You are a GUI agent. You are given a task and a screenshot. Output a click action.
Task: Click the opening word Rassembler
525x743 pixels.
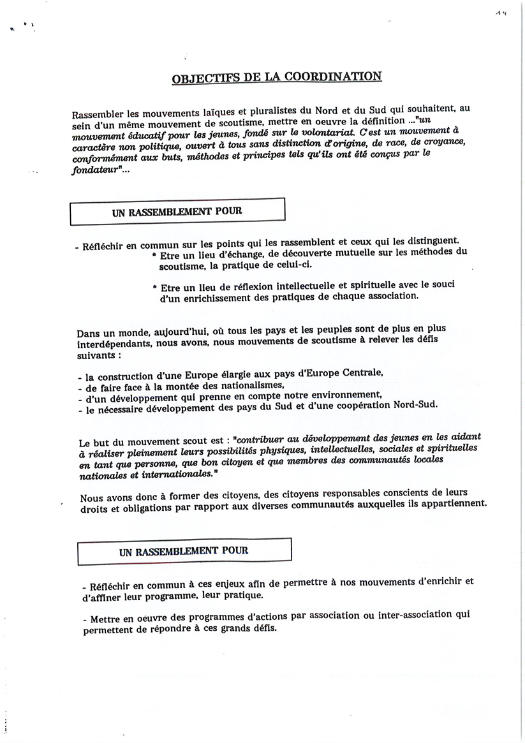pyautogui.click(x=100, y=115)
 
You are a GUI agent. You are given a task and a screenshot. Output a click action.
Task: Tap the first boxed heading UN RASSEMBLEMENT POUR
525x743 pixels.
pyautogui.click(x=177, y=211)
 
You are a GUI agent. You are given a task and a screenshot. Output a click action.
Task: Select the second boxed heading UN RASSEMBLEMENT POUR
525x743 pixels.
pyautogui.click(x=184, y=551)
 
